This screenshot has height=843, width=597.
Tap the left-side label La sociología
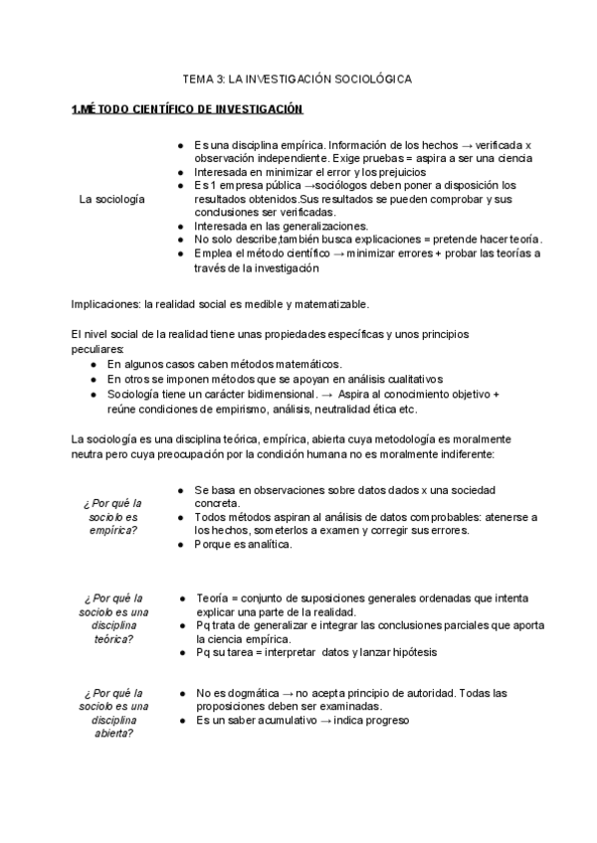[x=110, y=199]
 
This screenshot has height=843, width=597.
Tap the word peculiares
[x=98, y=349]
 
